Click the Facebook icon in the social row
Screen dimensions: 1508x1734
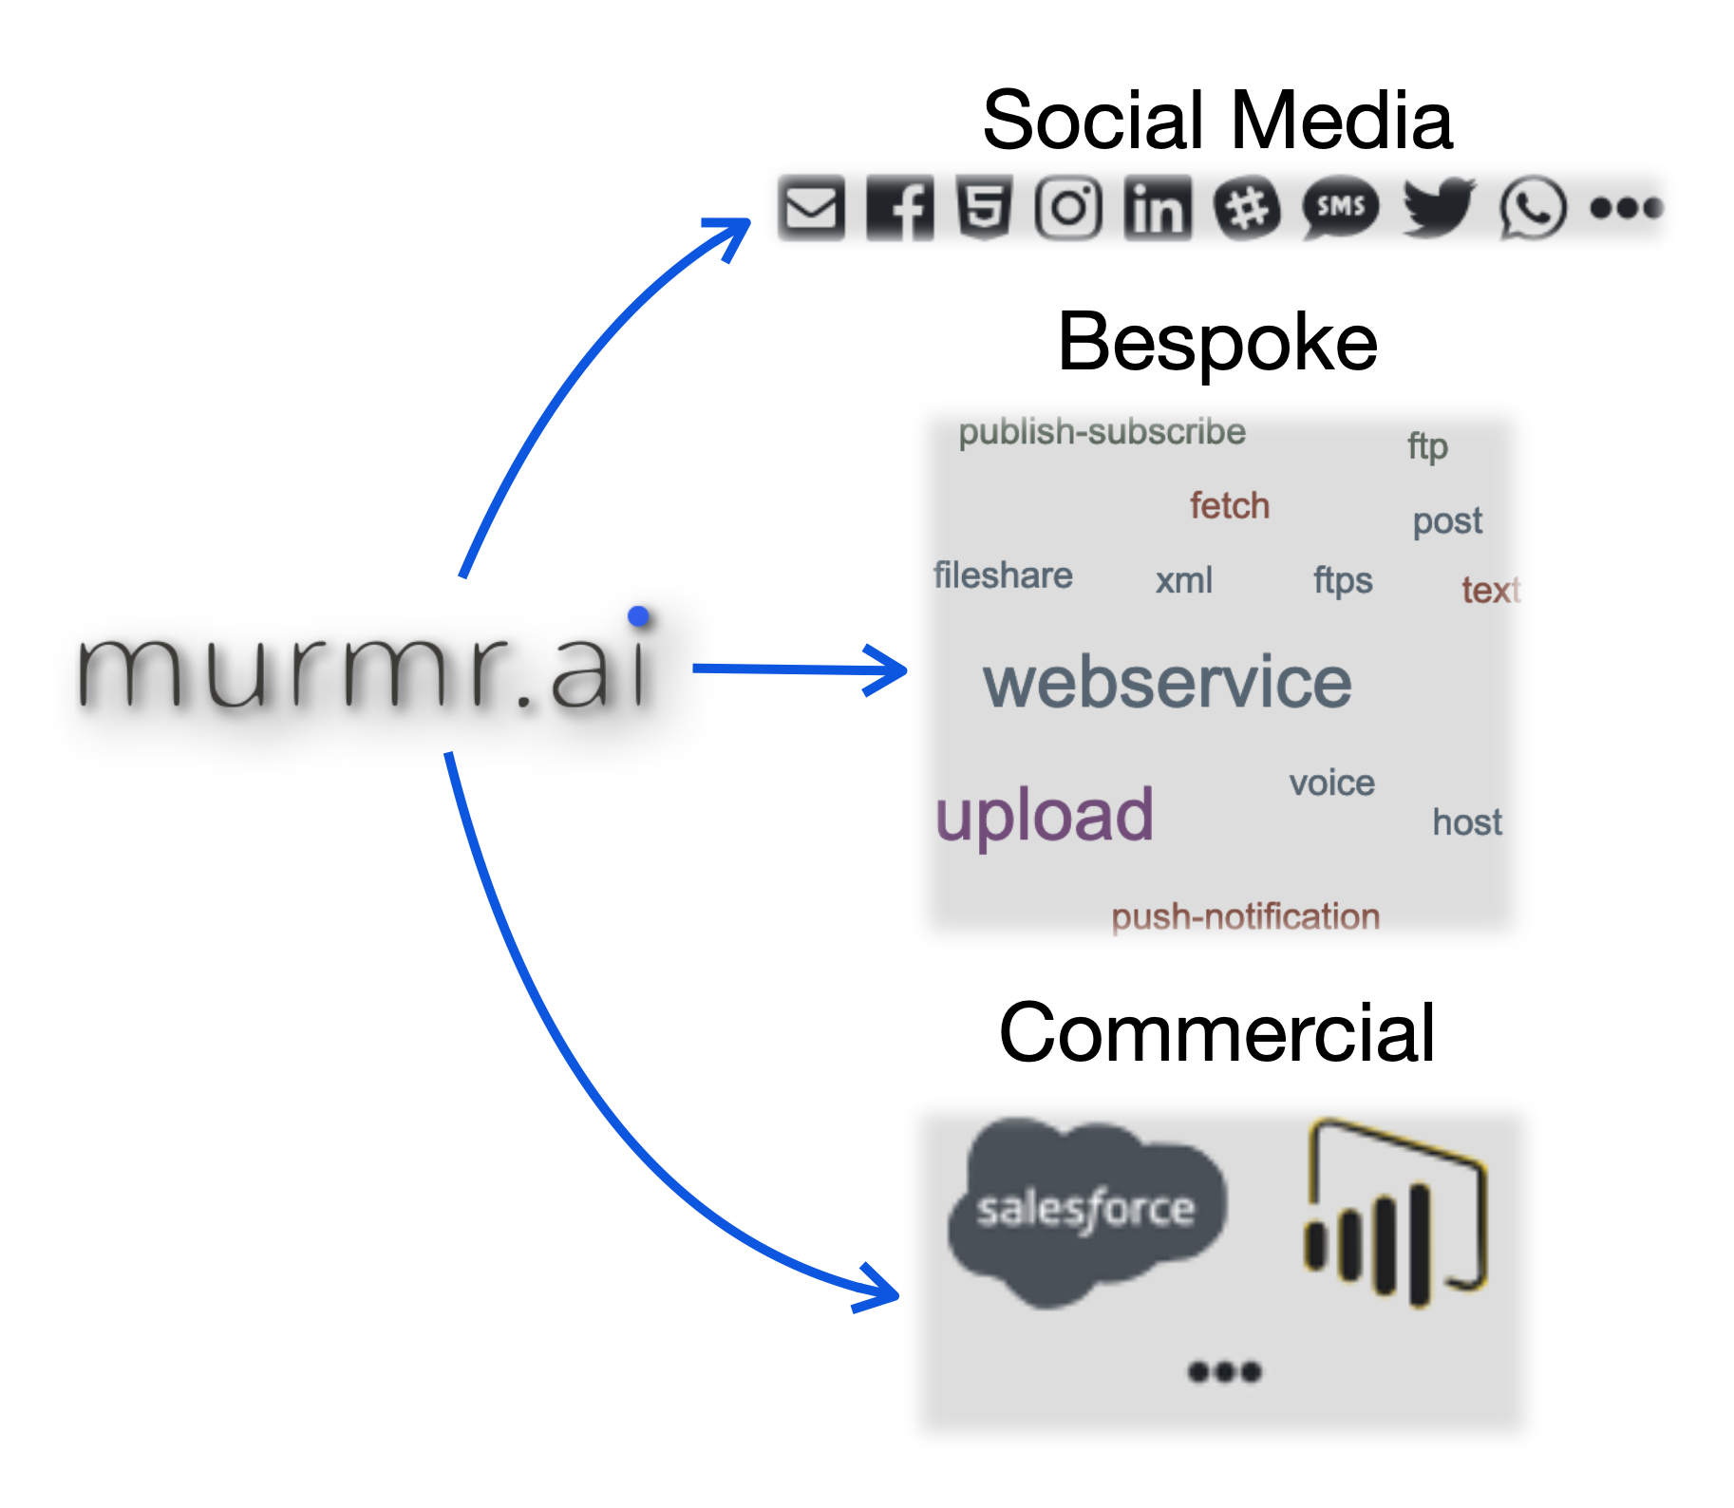(900, 207)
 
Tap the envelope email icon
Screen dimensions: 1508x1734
(811, 207)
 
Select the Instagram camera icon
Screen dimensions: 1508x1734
(1068, 207)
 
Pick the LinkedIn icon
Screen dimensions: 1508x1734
(1158, 207)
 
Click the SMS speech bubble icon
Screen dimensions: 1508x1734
(1340, 207)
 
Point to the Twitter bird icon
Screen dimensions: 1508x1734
(1438, 207)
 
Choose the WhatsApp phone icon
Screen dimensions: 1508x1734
(1533, 207)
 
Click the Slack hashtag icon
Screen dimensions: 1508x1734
(1247, 207)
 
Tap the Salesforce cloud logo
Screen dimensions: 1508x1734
(1086, 1210)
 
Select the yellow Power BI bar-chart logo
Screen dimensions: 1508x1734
(1394, 1215)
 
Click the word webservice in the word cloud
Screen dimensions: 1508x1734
(1167, 683)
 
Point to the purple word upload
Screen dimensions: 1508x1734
(1044, 816)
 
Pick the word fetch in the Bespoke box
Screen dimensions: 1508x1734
(1230, 506)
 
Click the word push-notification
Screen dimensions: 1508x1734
(1245, 916)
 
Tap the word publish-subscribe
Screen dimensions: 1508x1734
(1102, 432)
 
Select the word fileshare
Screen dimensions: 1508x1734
(1003, 575)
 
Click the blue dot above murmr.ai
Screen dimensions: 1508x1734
(639, 616)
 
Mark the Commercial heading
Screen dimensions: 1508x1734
(1216, 1033)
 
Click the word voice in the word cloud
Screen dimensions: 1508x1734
(1331, 783)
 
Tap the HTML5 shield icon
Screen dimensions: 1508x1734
(984, 207)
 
